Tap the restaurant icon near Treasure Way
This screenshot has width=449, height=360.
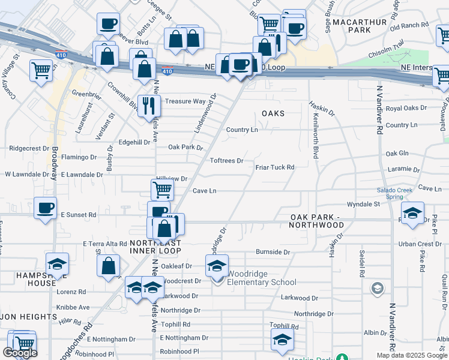[x=148, y=106]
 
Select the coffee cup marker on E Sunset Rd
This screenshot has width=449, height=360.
[x=45, y=208]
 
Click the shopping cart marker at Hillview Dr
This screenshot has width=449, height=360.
[x=162, y=190]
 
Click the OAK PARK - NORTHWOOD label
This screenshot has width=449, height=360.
[x=317, y=221]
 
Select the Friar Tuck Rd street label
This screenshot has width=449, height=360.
[x=275, y=167]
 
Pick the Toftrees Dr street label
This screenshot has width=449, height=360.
[x=226, y=161]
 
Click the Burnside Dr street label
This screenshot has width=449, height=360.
[x=273, y=252]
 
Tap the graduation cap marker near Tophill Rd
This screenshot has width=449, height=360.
[x=282, y=340]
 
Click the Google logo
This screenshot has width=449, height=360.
[x=20, y=353]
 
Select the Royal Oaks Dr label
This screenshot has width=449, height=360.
[x=406, y=108]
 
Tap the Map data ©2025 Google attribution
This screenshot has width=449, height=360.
[x=412, y=355]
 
